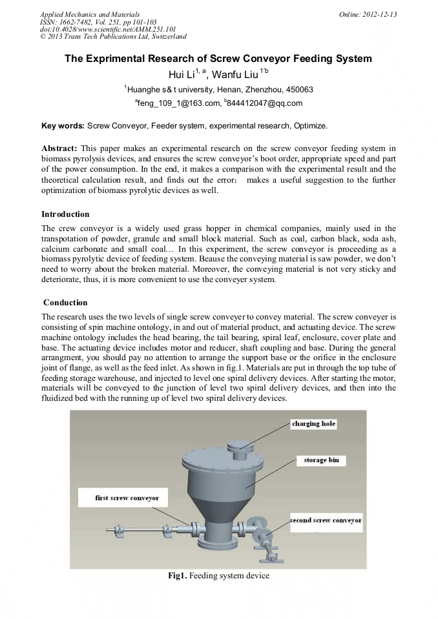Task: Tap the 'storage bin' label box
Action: (x=321, y=460)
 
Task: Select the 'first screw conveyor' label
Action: (x=122, y=498)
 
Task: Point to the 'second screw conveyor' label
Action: (x=326, y=520)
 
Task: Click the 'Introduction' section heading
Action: (x=65, y=214)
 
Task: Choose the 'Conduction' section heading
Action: (x=65, y=302)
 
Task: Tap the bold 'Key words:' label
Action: (x=63, y=125)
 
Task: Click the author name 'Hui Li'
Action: (x=180, y=75)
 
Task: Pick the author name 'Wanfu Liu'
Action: (x=236, y=75)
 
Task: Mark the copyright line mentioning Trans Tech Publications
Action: (x=113, y=37)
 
